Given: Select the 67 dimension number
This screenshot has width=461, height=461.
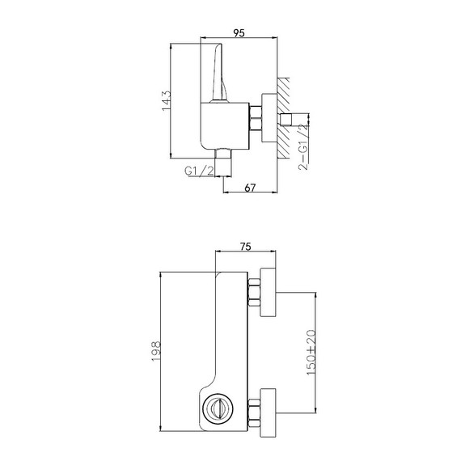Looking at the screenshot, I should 251,188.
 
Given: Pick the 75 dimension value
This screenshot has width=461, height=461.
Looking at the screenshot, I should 243,249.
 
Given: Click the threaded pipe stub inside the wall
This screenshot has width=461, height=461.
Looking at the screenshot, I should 294,120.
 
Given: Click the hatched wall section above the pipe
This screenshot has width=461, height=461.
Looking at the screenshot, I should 284,93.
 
